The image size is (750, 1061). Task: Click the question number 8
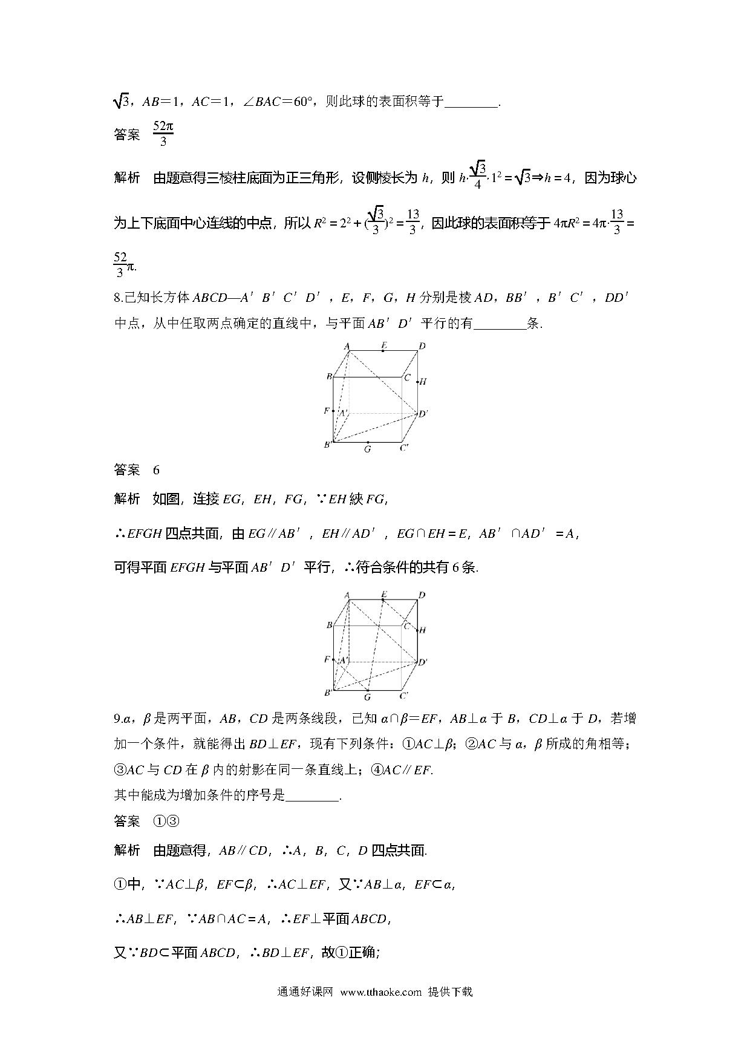click(x=118, y=298)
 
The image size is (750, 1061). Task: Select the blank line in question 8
click(x=500, y=324)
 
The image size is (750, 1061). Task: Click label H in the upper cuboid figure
click(x=423, y=382)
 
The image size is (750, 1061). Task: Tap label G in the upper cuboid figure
click(x=367, y=450)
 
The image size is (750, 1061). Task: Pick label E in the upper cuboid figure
click(x=383, y=346)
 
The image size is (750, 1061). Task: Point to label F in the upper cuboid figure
click(x=327, y=411)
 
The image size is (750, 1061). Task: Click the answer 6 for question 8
click(x=156, y=470)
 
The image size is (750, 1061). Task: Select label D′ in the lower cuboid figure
click(x=423, y=662)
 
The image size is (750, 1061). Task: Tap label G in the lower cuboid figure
click(x=367, y=697)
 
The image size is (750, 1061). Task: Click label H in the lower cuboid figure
click(x=423, y=630)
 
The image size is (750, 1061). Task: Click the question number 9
click(x=117, y=719)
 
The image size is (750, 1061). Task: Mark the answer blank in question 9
click(x=312, y=796)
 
